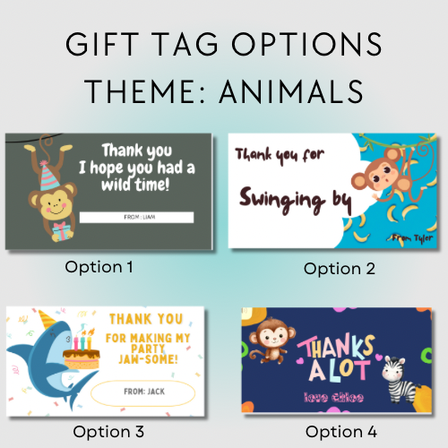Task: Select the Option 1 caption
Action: click(99, 266)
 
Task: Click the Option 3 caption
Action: click(108, 431)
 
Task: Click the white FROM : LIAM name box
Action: click(136, 217)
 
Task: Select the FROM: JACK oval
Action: click(144, 392)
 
